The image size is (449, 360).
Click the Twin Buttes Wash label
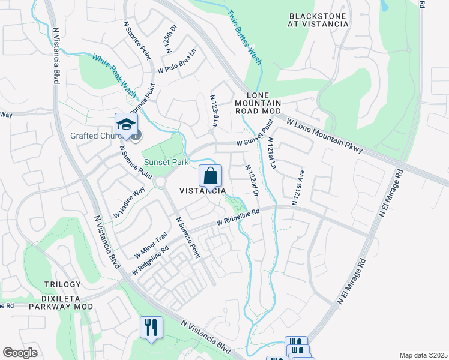pyautogui.click(x=245, y=38)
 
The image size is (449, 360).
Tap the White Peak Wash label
pyautogui.click(x=114, y=74)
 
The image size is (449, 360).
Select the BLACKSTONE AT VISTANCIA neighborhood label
pyautogui.click(x=318, y=20)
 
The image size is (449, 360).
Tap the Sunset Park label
pyautogui.click(x=165, y=162)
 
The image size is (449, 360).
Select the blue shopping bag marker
pyautogui.click(x=210, y=176)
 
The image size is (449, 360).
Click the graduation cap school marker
pyautogui.click(x=127, y=125)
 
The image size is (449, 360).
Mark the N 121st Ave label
pyautogui.click(x=298, y=187)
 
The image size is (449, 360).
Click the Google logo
pyautogui.click(x=20, y=353)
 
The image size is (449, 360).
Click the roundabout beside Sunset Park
pyautogui.click(x=160, y=182)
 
